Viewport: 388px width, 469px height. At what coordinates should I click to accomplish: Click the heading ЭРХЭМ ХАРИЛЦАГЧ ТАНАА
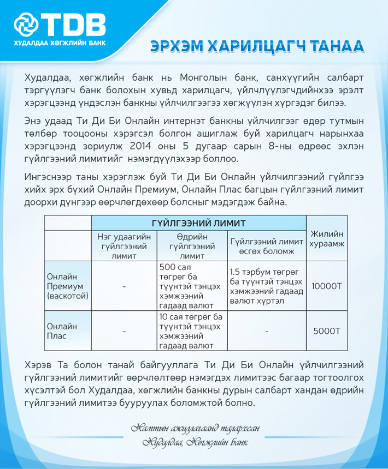257,47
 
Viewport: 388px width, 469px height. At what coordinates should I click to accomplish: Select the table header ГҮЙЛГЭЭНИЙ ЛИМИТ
198,223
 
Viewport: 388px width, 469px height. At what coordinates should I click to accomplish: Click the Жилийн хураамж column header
327,239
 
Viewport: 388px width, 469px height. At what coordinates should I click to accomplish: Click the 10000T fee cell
326,286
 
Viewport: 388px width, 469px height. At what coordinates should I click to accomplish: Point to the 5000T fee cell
326,330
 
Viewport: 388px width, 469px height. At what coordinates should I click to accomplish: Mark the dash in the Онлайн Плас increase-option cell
266,330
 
